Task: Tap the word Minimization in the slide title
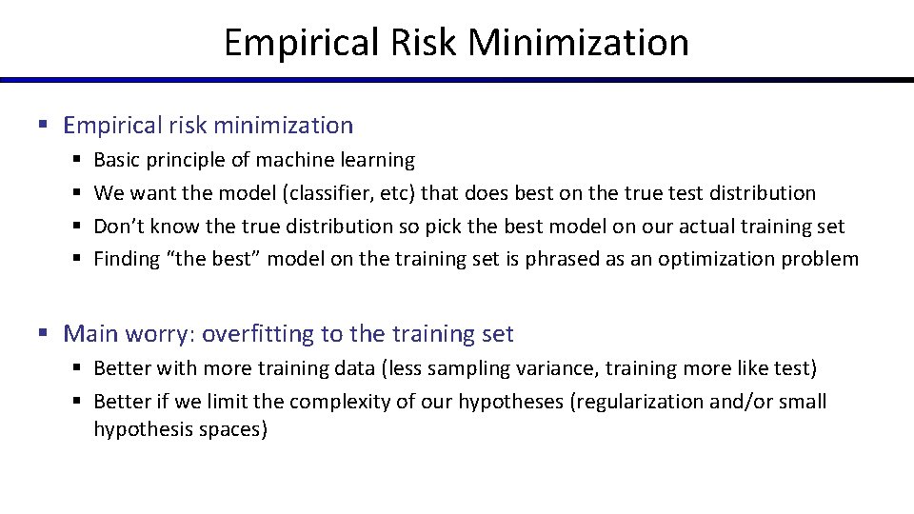579,43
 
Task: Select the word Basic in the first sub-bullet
116,160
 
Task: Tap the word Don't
120,227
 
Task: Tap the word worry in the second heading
159,334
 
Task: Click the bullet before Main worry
44,334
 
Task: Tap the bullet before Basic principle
75,160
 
